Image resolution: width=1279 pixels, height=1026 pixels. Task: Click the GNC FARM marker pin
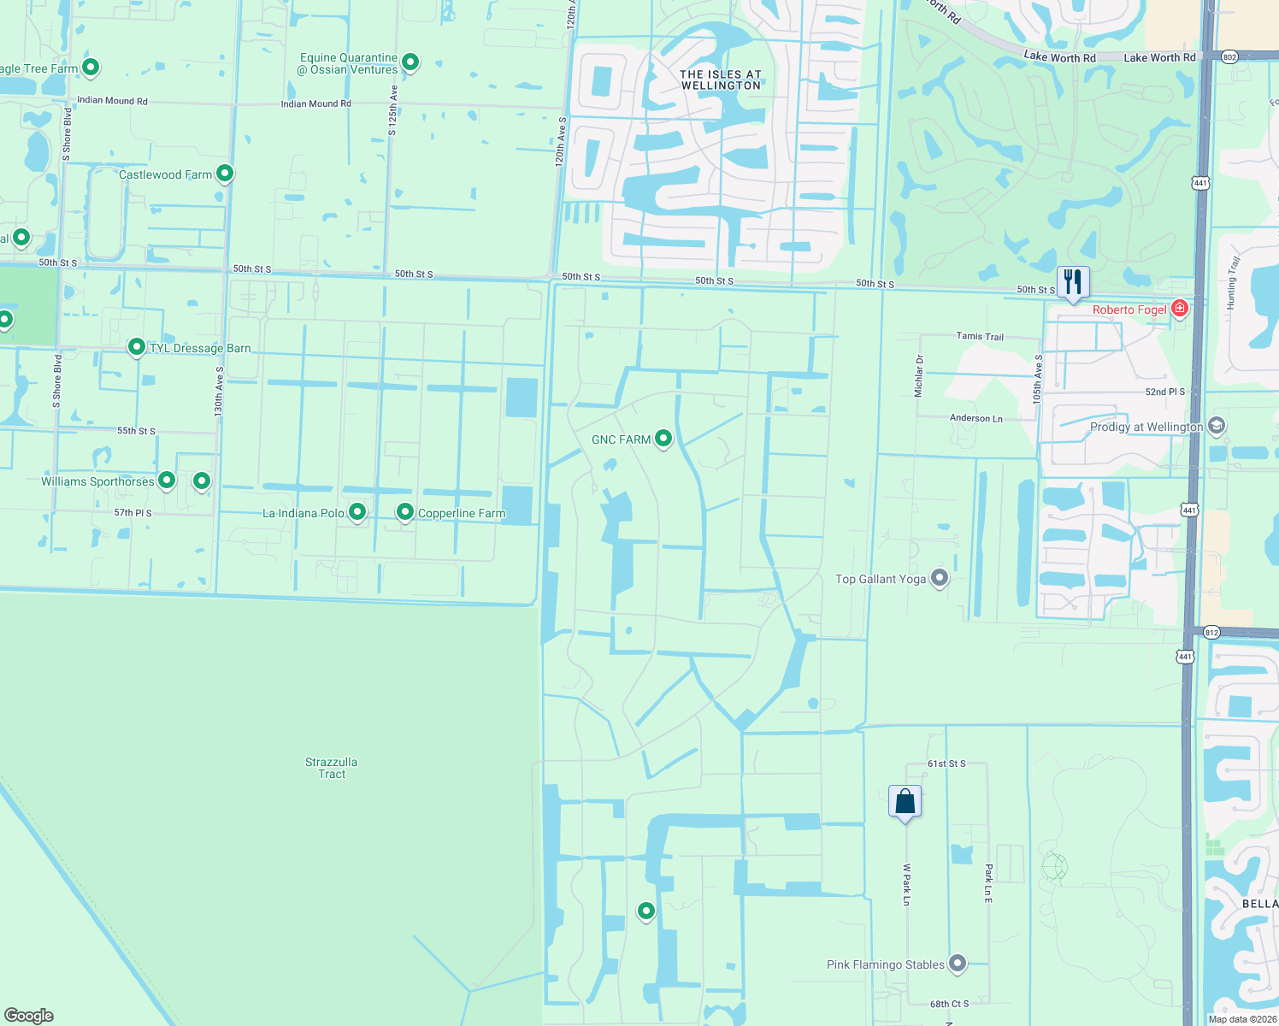(663, 439)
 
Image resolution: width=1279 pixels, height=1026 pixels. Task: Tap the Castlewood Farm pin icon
(225, 174)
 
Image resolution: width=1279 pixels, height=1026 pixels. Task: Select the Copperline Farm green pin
(405, 512)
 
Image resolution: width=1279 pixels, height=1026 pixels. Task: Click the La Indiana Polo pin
(357, 512)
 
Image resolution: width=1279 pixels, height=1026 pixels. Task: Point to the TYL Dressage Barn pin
(136, 347)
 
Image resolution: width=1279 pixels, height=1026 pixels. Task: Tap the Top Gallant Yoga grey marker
(940, 578)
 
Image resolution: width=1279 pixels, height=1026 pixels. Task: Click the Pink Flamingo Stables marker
(958, 964)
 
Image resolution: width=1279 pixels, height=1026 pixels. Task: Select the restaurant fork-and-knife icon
(1072, 282)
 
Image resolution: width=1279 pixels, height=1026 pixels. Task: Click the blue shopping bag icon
(905, 802)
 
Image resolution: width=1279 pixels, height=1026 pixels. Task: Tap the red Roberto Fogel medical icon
(1180, 308)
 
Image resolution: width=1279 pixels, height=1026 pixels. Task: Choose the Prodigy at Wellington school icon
(1217, 426)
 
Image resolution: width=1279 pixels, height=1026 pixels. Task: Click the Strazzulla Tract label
(332, 768)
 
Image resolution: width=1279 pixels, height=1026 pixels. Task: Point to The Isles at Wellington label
(721, 80)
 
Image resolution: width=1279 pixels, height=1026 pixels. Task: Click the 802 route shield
(1229, 57)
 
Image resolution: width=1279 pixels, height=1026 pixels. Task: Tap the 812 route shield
(1211, 633)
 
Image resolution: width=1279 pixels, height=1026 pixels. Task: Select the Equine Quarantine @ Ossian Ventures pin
(410, 62)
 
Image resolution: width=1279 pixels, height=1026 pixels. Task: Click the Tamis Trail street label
(980, 337)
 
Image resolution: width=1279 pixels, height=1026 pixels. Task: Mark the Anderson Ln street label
(976, 418)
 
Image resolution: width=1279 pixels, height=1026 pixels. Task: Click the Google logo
(28, 1015)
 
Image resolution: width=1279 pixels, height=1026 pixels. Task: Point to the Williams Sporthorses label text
(97, 481)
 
